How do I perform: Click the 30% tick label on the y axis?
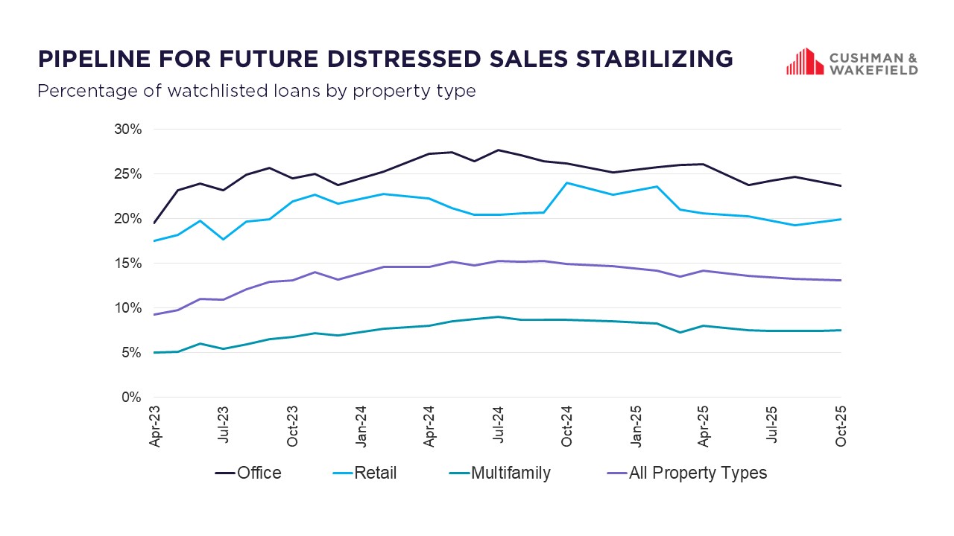click(127, 130)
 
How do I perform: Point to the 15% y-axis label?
click(127, 264)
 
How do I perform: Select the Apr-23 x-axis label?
click(154, 427)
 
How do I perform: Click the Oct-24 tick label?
click(566, 427)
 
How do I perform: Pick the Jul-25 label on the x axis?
click(773, 427)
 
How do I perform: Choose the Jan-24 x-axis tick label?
click(361, 427)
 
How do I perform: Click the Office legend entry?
click(259, 473)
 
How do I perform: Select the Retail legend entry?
click(375, 473)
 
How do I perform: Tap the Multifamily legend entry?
click(511, 473)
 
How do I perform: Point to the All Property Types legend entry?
click(698, 473)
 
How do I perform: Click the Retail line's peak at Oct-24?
click(567, 182)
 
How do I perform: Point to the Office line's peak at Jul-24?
click(498, 150)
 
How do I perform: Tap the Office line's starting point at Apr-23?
click(154, 223)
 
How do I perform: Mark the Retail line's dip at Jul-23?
click(223, 239)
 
